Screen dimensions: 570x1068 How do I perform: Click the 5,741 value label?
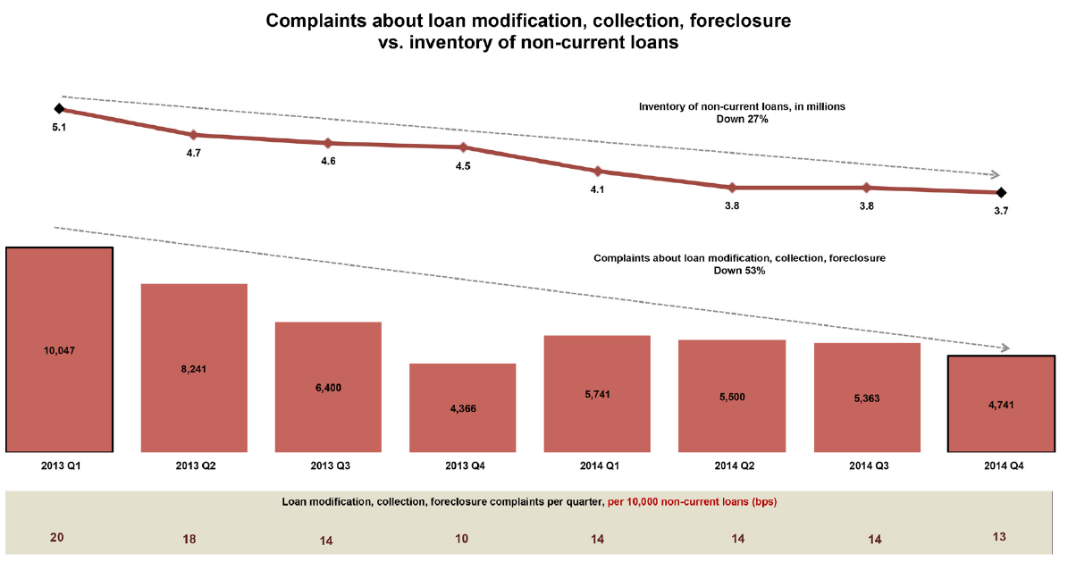(597, 394)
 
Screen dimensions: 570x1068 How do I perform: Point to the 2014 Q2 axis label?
(732, 466)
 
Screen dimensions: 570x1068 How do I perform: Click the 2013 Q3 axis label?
(328, 466)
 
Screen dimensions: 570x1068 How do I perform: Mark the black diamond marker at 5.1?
(59, 109)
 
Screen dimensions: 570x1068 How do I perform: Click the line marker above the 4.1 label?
(597, 171)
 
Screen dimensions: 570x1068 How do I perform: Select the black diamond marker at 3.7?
(1001, 192)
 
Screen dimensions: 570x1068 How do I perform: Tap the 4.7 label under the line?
(194, 154)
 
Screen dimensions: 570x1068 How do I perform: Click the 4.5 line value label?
(463, 166)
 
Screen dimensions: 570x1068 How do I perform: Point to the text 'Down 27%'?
(742, 118)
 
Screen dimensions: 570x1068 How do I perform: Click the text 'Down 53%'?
(739, 270)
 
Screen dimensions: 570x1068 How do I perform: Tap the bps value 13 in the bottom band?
(1000, 537)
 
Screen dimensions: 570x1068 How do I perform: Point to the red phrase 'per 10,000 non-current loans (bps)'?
(692, 502)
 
